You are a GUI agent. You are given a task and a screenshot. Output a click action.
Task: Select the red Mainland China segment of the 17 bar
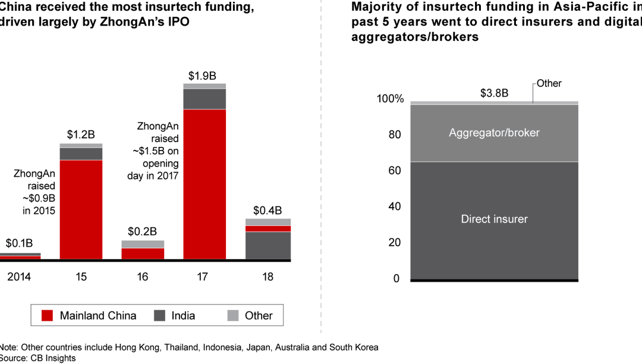pyautogui.click(x=204, y=184)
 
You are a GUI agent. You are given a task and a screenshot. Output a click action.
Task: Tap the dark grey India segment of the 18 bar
pyautogui.click(x=267, y=245)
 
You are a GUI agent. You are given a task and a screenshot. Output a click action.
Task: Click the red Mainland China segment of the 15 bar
pyautogui.click(x=81, y=209)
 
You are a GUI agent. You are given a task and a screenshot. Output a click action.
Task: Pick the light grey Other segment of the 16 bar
pyautogui.click(x=143, y=244)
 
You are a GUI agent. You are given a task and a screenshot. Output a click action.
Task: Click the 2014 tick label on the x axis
pyautogui.click(x=18, y=277)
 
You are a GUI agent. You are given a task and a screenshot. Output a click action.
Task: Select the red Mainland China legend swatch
pyautogui.click(x=47, y=316)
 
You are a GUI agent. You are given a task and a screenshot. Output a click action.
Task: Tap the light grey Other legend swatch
pyautogui.click(x=232, y=316)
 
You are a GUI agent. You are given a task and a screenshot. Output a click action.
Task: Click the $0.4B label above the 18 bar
pyautogui.click(x=267, y=211)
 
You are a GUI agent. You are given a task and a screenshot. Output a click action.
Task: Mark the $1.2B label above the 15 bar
pyautogui.click(x=81, y=135)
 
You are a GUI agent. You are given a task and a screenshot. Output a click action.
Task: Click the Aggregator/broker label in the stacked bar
pyautogui.click(x=494, y=133)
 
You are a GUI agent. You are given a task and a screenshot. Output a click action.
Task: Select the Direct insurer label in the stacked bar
pyautogui.click(x=494, y=219)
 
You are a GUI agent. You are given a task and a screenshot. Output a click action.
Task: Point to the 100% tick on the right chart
pyautogui.click(x=390, y=99)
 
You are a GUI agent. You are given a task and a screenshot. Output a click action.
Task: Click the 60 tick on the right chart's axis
pyautogui.click(x=395, y=171)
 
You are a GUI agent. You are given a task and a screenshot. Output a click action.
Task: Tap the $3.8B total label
pyautogui.click(x=494, y=93)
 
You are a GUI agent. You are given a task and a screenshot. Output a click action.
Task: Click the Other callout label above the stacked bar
pyautogui.click(x=549, y=83)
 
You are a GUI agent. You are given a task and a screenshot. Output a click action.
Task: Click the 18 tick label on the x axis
pyautogui.click(x=267, y=277)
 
